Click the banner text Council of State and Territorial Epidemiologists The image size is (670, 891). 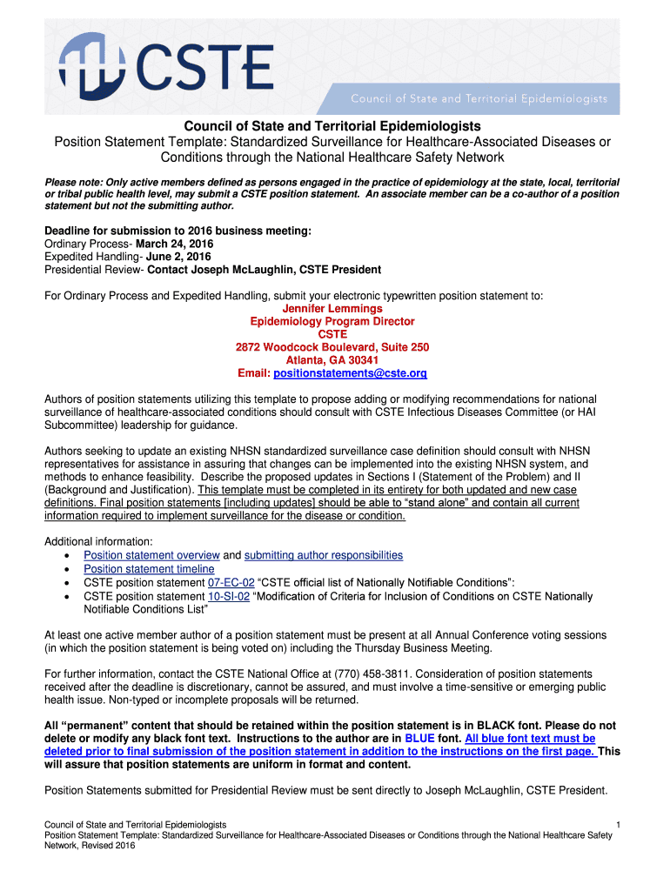pyautogui.click(x=479, y=98)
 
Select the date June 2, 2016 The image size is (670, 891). pyautogui.click(x=180, y=257)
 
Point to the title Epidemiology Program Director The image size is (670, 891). pyautogui.click(x=332, y=322)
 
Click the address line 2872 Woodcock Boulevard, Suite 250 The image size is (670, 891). pyautogui.click(x=332, y=347)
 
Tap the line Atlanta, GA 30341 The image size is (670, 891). pyautogui.click(x=332, y=360)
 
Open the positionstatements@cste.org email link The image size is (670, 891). pyautogui.click(x=350, y=373)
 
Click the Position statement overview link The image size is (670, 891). pyautogui.click(x=151, y=555)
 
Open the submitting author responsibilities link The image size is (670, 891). pyautogui.click(x=324, y=555)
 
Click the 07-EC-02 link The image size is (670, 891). pyautogui.click(x=231, y=582)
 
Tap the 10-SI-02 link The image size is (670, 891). pyautogui.click(x=229, y=596)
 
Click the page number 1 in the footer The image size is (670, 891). pyautogui.click(x=617, y=824)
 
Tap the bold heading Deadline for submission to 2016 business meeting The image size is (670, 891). pyautogui.click(x=178, y=231)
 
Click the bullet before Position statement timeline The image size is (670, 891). pyautogui.click(x=68, y=569)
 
